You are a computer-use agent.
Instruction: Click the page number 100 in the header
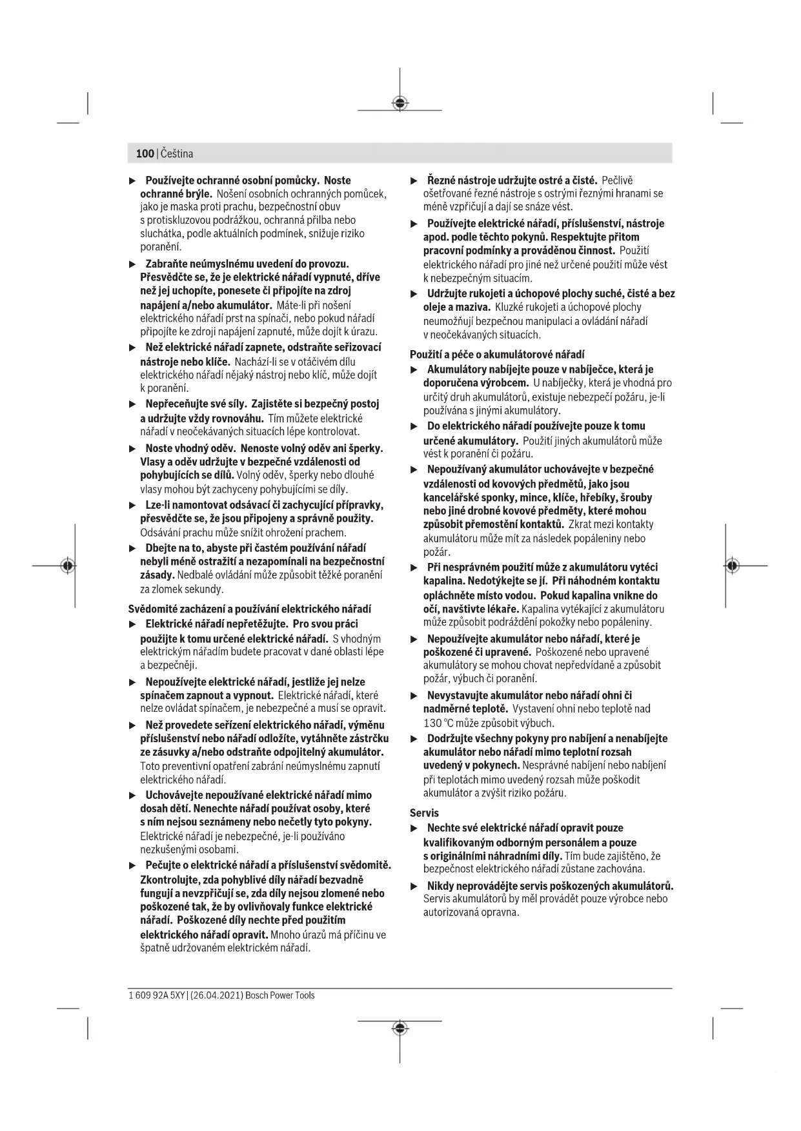coord(145,153)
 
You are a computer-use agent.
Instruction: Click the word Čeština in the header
coord(176,153)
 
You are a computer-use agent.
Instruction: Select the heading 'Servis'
coord(424,813)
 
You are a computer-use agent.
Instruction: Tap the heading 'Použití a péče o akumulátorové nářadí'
coord(497,354)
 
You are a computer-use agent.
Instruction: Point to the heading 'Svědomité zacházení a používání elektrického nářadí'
coord(250,609)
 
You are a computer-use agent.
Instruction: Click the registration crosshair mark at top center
coord(400,103)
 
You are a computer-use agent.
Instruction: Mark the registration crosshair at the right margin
coord(731,565)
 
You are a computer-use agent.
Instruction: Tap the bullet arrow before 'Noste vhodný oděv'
coord(132,448)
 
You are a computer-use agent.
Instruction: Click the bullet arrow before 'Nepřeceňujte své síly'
coord(132,404)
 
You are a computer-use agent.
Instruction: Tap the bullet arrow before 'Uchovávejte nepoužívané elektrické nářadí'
coord(132,795)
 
